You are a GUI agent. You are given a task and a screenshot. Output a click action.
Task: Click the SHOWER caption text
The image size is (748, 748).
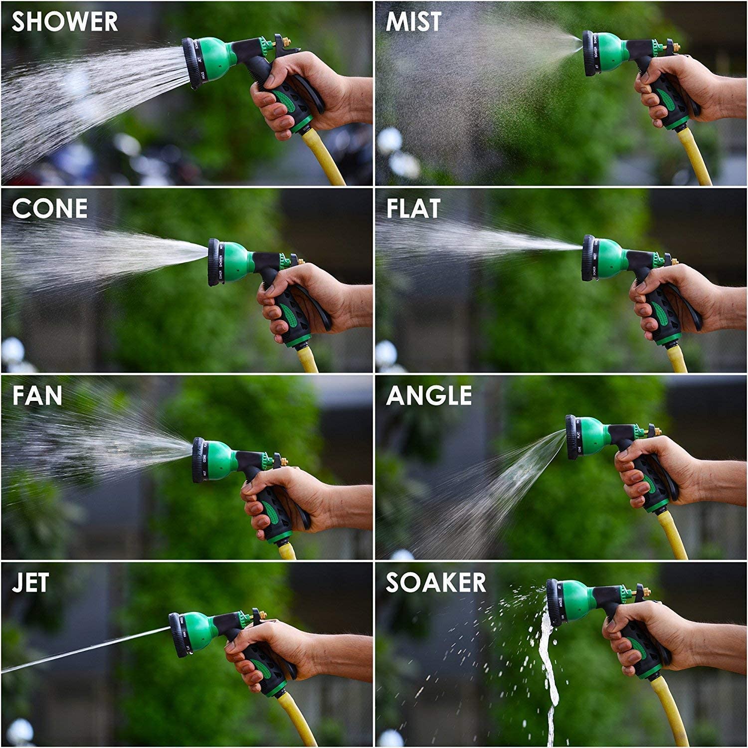point(65,22)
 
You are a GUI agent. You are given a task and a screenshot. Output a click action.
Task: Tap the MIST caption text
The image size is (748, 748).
point(413,22)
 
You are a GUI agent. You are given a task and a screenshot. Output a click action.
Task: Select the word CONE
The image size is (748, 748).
point(49,208)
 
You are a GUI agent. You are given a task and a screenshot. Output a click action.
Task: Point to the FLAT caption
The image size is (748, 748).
point(413,208)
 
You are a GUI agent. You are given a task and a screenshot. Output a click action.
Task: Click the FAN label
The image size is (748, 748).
point(37,395)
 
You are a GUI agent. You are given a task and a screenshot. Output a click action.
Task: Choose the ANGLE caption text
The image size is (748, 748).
point(429,395)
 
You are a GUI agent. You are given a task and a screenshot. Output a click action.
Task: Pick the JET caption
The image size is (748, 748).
point(30,582)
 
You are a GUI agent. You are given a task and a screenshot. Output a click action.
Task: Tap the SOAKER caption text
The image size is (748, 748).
point(436,582)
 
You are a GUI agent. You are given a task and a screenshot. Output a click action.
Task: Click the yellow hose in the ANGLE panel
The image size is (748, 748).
point(673,536)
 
